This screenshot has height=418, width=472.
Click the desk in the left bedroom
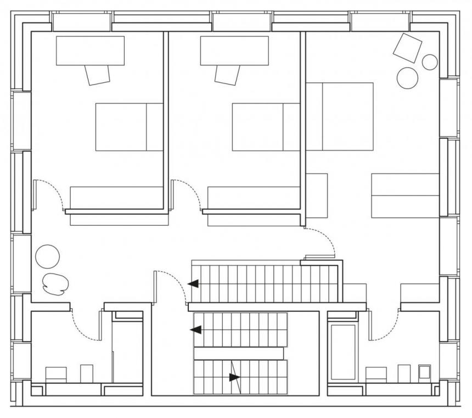click(x=90, y=51)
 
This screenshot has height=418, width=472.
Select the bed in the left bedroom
click(x=129, y=126)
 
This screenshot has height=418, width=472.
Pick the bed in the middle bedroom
click(x=266, y=126)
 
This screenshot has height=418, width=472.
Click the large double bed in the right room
click(x=340, y=116)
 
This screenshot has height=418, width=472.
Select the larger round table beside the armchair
click(x=407, y=77)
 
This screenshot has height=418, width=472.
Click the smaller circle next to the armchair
click(x=430, y=62)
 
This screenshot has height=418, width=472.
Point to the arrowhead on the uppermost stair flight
click(x=193, y=284)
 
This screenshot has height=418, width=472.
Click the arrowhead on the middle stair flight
click(x=195, y=330)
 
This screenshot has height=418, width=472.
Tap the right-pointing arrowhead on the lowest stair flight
click(x=235, y=377)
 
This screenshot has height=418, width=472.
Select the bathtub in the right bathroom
click(x=343, y=352)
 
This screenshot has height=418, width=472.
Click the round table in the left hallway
click(x=47, y=256)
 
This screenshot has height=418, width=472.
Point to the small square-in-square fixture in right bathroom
click(x=424, y=372)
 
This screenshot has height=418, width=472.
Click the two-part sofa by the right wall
click(x=405, y=196)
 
